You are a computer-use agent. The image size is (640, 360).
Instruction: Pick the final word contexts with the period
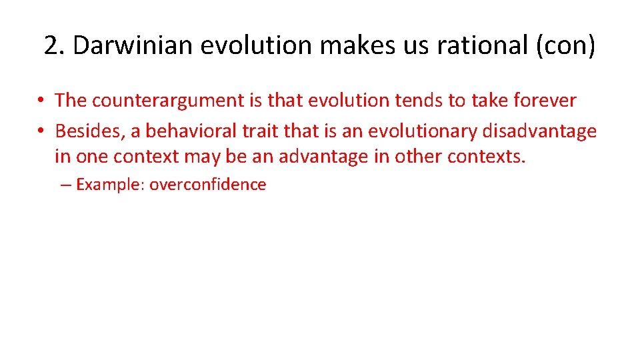[x=487, y=157]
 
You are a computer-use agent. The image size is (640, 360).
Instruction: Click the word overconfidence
[x=207, y=185]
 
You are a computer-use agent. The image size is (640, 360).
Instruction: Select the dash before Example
[x=65, y=185]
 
